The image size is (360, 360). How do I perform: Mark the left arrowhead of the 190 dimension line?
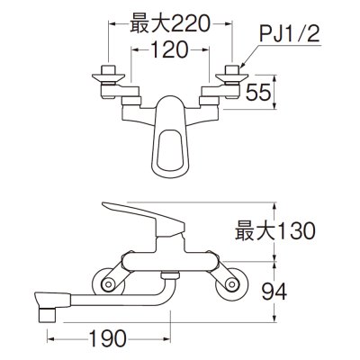(51, 340)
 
